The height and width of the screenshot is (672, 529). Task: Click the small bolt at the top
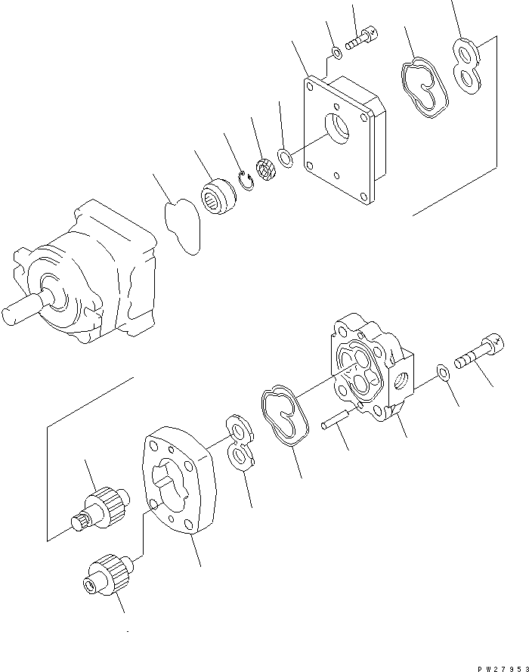click(361, 39)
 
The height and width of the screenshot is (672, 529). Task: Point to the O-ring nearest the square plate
click(286, 159)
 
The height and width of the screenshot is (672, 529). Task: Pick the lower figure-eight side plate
click(239, 447)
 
